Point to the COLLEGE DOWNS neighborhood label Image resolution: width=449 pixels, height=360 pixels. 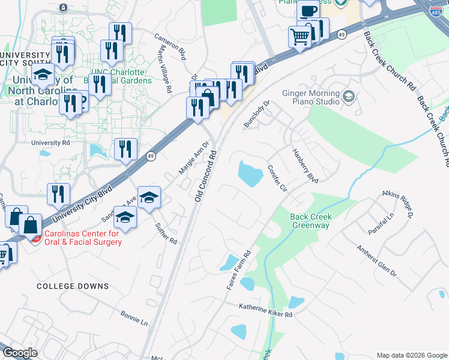click(x=73, y=286)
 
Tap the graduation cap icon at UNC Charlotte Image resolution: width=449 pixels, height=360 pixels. click(x=43, y=76)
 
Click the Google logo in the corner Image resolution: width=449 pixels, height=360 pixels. click(x=20, y=353)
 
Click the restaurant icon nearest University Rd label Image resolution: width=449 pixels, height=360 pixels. click(x=125, y=149)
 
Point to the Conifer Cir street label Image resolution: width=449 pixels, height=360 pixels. click(x=277, y=178)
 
